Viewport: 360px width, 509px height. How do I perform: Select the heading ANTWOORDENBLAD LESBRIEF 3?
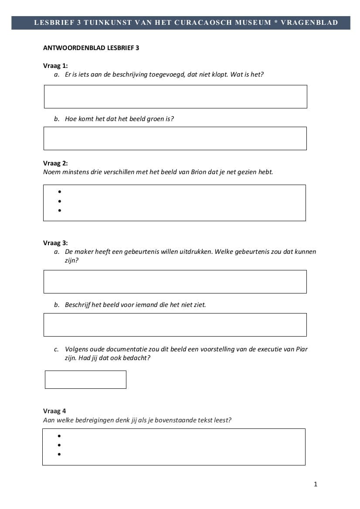click(91, 48)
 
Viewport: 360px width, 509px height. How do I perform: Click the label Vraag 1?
click(55, 66)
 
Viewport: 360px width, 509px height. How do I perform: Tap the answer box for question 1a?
click(175, 97)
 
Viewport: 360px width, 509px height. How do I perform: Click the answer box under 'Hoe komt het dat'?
click(175, 138)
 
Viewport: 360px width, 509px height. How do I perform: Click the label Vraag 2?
click(55, 163)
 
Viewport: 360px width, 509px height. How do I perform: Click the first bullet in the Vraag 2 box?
click(59, 192)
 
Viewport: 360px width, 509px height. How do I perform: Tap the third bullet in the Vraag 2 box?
click(59, 211)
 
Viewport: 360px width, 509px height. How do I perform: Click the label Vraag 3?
click(55, 243)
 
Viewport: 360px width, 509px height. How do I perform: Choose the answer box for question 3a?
click(175, 282)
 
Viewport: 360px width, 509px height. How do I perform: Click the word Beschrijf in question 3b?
click(77, 305)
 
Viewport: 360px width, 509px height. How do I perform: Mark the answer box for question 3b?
click(175, 325)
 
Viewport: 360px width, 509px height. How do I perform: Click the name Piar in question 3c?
click(302, 349)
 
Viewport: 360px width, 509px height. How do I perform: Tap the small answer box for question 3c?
click(85, 380)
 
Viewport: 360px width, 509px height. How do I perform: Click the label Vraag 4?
click(54, 411)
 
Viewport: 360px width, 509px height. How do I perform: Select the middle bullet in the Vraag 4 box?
click(59, 445)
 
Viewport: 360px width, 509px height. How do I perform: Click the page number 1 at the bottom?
click(316, 484)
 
